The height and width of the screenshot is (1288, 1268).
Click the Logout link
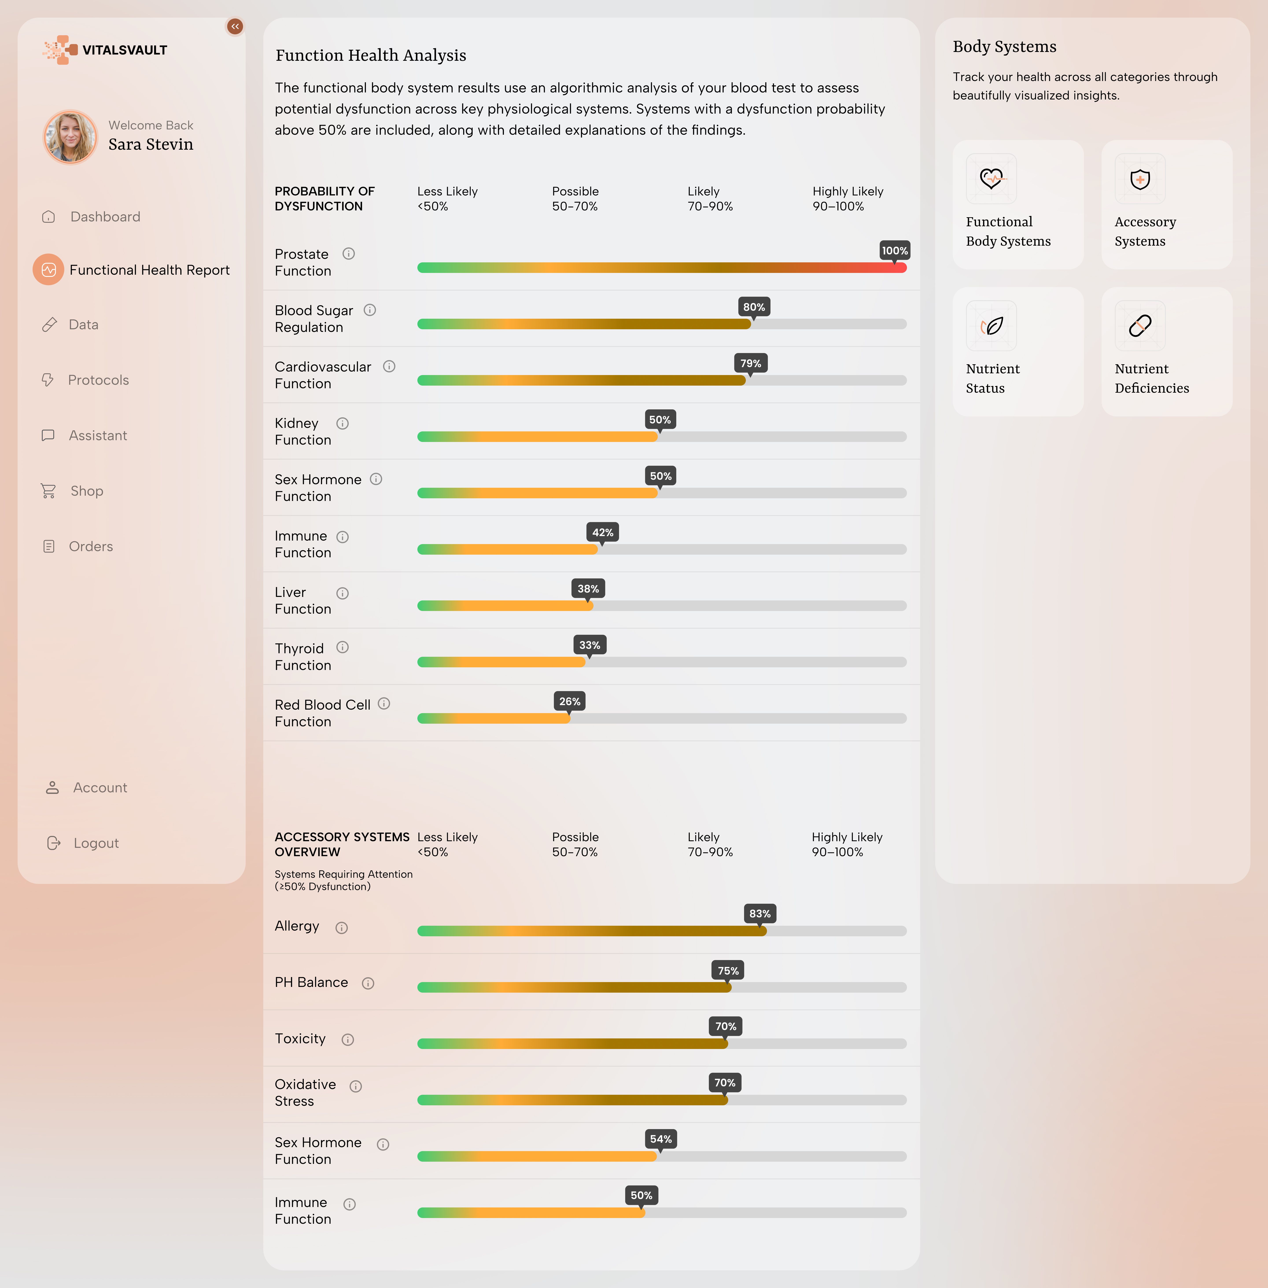96,843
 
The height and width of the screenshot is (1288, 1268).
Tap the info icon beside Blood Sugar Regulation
370,310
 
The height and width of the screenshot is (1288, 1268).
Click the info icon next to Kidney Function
342,423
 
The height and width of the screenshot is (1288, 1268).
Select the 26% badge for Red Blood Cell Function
569,701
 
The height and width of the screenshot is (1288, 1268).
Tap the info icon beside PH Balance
368,984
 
